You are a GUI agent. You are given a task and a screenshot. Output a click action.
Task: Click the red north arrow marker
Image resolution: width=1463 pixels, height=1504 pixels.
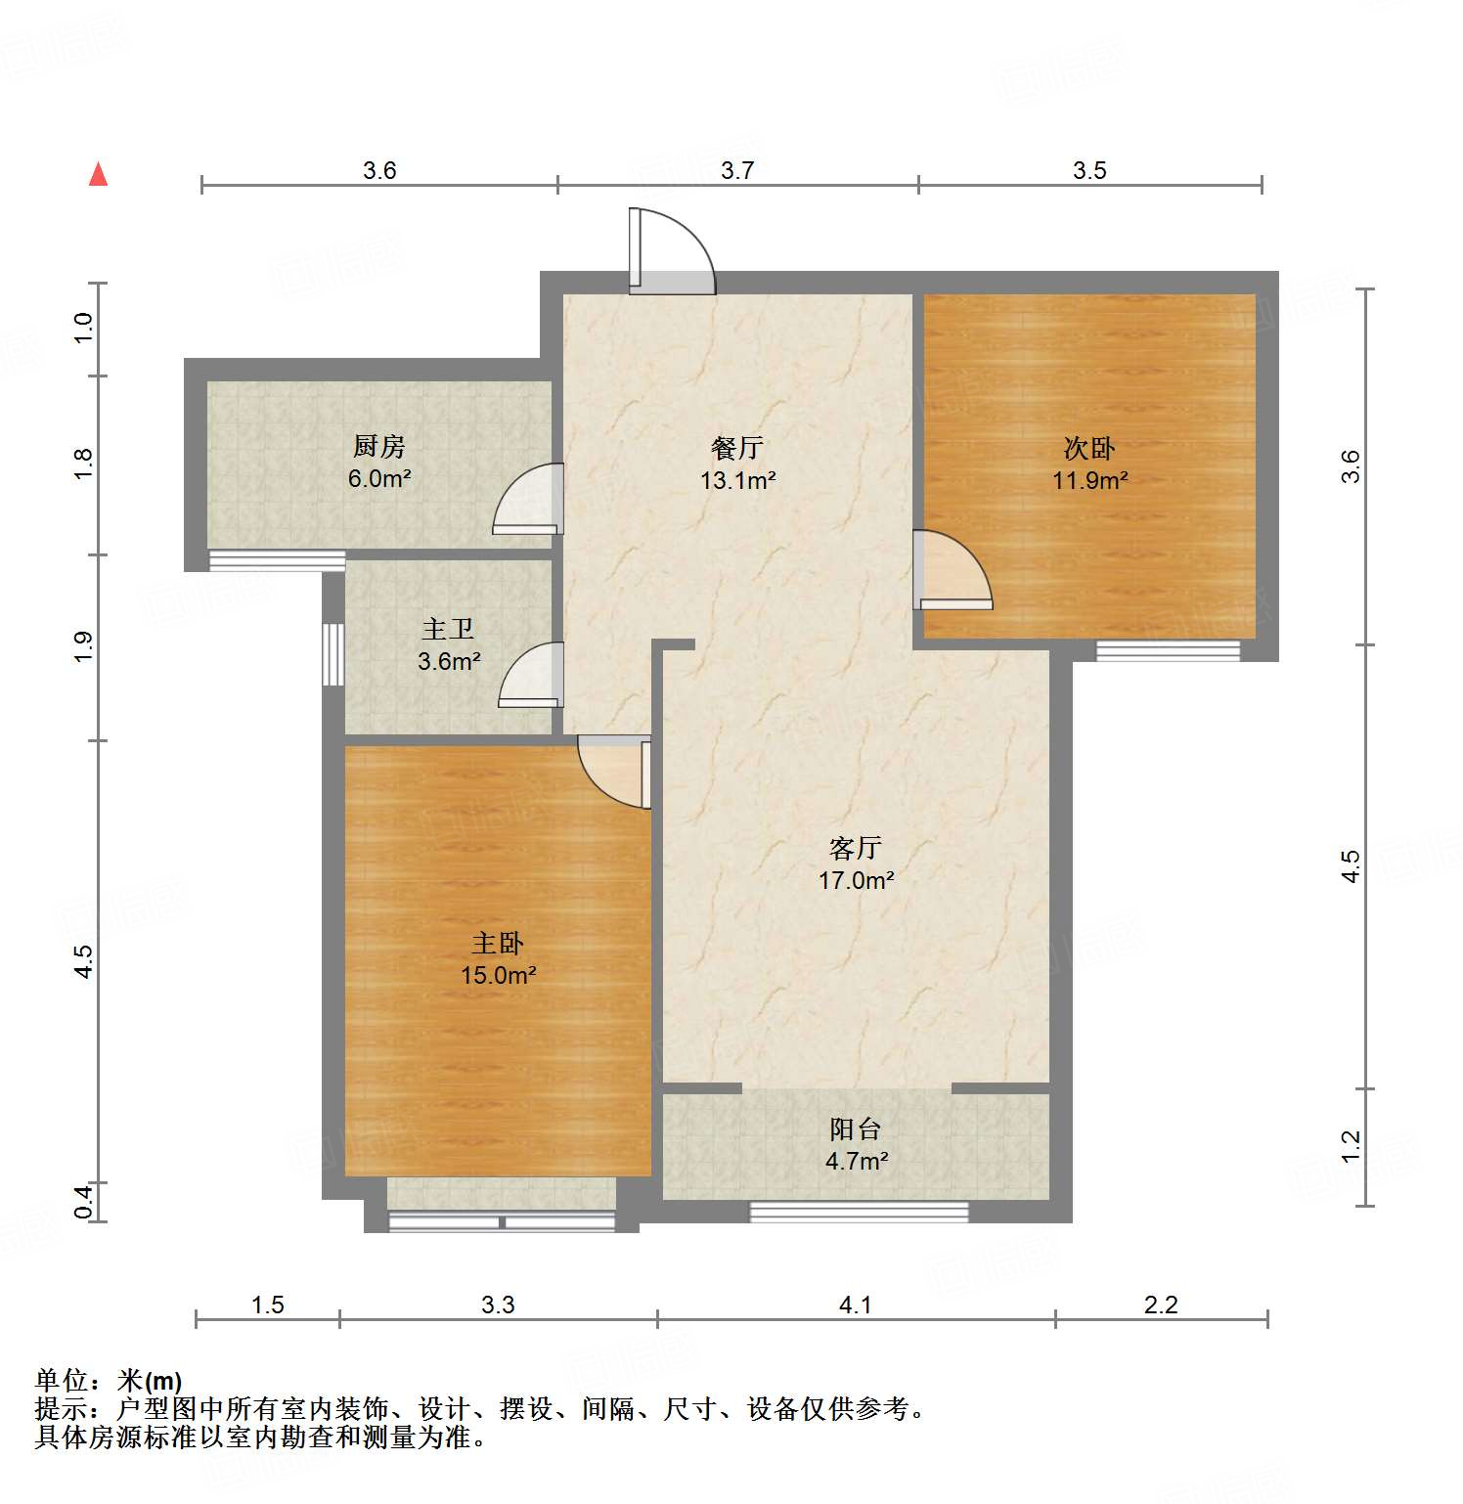98,175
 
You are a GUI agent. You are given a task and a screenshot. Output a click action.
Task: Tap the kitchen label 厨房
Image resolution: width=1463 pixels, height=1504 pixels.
378,447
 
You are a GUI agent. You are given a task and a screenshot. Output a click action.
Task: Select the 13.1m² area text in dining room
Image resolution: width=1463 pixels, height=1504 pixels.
737,480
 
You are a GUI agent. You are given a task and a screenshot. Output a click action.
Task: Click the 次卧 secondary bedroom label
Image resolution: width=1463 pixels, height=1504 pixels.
1088,448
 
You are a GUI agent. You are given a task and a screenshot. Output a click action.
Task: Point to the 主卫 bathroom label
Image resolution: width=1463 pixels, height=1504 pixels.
448,629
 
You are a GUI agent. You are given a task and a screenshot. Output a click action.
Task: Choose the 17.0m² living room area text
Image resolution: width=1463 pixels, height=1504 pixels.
856,880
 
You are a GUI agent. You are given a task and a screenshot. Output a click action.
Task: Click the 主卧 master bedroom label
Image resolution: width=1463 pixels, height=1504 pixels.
498,943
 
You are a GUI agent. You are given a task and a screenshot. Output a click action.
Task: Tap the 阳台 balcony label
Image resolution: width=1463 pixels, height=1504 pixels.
856,1128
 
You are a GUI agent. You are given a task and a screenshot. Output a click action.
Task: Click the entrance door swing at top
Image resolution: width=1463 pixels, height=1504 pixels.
673,250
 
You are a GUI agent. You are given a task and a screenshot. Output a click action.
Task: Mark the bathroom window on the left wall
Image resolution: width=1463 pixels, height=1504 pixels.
333,653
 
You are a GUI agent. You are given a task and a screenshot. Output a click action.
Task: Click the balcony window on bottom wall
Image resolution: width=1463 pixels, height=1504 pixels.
859,1212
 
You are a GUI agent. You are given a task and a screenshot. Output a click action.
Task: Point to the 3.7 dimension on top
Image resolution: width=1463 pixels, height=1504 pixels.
737,170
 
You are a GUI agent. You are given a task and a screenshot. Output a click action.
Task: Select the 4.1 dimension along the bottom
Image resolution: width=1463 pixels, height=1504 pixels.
855,1305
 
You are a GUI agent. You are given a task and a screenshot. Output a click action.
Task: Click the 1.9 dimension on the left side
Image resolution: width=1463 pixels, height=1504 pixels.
84,647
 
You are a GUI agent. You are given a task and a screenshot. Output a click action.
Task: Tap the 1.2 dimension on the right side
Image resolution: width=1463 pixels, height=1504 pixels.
1351,1146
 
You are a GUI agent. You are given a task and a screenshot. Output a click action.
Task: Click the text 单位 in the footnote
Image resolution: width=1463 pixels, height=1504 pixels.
62,1380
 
